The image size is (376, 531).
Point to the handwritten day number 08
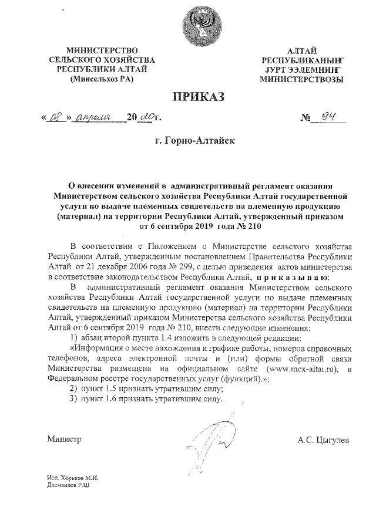pos(55,119)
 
